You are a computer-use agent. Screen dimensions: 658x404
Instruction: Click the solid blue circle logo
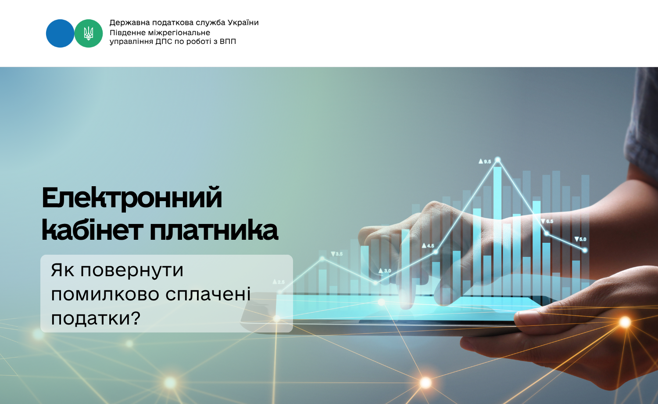pyautogui.click(x=60, y=33)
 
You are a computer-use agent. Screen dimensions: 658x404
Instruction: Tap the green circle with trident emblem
pyautogui.click(x=89, y=33)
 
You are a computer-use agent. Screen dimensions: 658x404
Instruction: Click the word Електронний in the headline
pyautogui.click(x=132, y=198)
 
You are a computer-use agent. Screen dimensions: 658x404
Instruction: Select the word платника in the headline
pyautogui.click(x=214, y=231)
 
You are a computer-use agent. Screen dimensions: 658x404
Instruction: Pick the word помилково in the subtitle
pyautogui.click(x=105, y=294)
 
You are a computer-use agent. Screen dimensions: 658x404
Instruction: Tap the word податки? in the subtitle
pyautogui.click(x=96, y=318)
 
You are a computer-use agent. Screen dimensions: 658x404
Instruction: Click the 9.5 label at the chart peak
pyautogui.click(x=485, y=162)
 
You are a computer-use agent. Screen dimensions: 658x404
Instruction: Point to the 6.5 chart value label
pyautogui.click(x=547, y=221)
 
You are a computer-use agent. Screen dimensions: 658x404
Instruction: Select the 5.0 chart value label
pyautogui.click(x=580, y=239)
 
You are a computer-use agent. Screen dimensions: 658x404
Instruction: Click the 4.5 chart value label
pyautogui.click(x=428, y=245)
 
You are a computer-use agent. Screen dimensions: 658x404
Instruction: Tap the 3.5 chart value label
pyautogui.click(x=336, y=254)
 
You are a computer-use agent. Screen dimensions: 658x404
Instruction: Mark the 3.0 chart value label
pyautogui.click(x=385, y=271)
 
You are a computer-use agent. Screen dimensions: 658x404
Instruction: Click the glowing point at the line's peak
pyautogui.click(x=497, y=160)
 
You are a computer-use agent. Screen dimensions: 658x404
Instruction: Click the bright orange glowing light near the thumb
pyautogui.click(x=625, y=322)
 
